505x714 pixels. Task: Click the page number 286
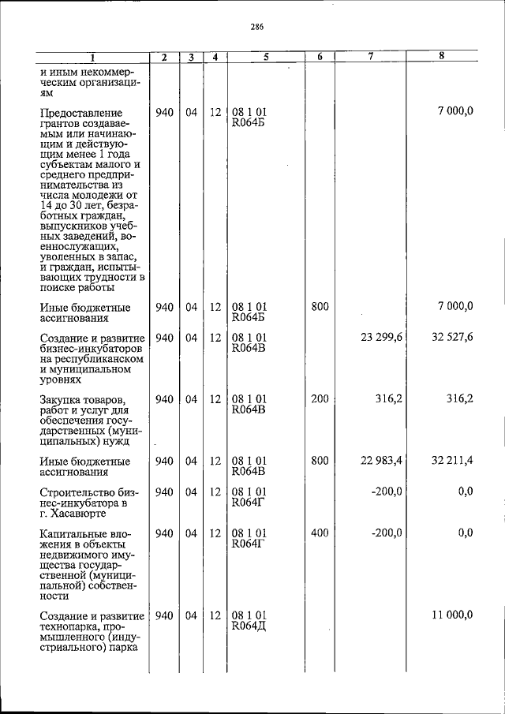coord(256,26)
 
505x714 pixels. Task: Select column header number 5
coord(265,57)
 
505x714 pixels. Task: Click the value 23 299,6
coord(382,338)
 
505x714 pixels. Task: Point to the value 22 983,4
coord(382,461)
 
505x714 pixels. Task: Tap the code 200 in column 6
coord(319,399)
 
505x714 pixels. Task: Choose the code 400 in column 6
coord(319,533)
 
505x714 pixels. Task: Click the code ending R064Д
coord(249,626)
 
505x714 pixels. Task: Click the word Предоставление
coord(80,114)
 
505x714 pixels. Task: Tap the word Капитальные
coord(73,534)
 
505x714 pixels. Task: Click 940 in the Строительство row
coord(164,492)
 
